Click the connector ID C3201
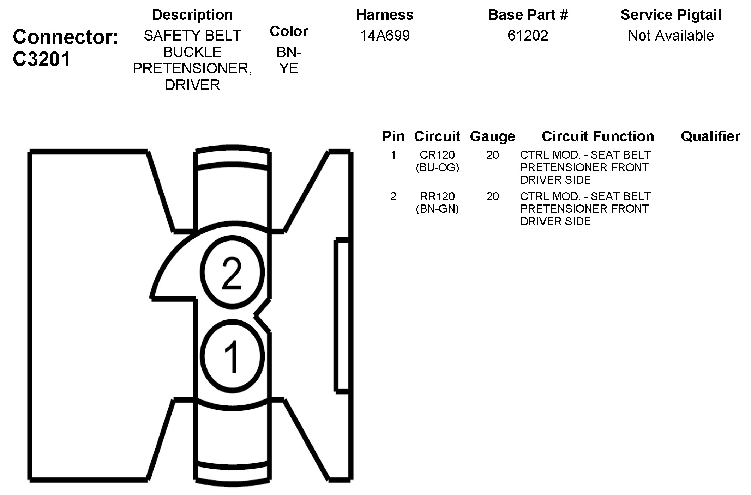(x=42, y=59)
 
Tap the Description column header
(x=192, y=15)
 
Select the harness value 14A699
(x=385, y=36)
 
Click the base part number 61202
(x=528, y=36)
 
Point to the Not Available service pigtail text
(x=671, y=36)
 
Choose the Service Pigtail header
(x=671, y=15)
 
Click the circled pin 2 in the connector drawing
(x=232, y=272)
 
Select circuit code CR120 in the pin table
(x=437, y=155)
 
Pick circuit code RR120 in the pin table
(x=437, y=196)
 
